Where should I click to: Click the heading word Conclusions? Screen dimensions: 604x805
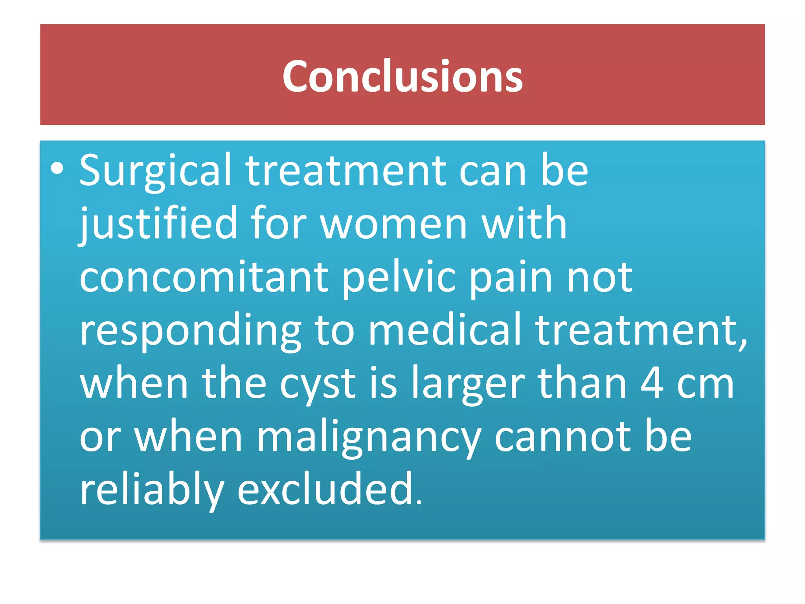[x=402, y=76]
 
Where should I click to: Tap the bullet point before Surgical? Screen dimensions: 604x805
[x=57, y=168]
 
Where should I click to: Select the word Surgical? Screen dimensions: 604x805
[x=155, y=171]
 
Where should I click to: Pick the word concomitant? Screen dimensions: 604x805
[x=204, y=277]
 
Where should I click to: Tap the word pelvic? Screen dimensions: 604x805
[x=399, y=277]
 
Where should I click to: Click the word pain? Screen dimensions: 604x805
[x=511, y=277]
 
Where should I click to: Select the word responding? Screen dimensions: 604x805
[x=190, y=330]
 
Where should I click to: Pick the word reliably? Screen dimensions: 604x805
[x=152, y=490]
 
